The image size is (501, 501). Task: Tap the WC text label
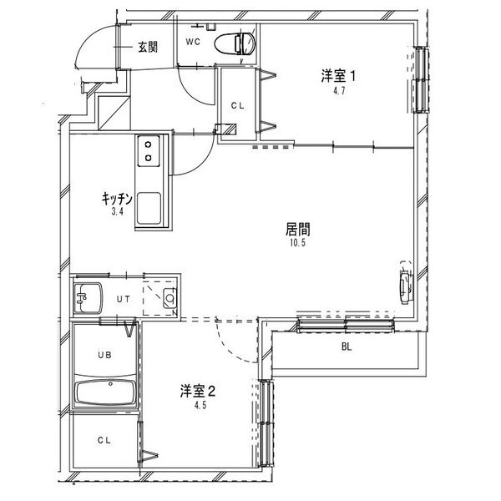[193, 41]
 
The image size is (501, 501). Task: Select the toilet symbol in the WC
[233, 43]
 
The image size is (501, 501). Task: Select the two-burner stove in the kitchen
[149, 150]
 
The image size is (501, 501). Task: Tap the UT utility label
[123, 298]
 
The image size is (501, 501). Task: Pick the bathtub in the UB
[104, 393]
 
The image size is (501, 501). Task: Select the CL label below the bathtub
[104, 440]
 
